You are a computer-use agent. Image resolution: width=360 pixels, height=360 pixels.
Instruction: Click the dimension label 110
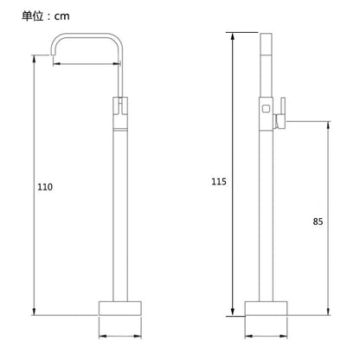click(45, 187)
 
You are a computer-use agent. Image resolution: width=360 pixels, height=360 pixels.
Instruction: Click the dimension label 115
click(219, 182)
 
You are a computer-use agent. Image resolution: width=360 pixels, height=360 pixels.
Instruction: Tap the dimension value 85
click(318, 222)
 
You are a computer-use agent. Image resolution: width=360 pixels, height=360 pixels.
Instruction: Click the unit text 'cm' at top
click(62, 16)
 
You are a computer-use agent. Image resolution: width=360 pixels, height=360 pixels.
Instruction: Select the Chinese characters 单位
click(33, 16)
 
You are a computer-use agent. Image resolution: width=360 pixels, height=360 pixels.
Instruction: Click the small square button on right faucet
click(266, 108)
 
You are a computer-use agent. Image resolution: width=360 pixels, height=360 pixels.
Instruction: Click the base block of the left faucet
click(120, 308)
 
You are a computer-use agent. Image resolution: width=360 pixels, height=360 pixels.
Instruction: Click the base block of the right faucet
click(266, 308)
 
